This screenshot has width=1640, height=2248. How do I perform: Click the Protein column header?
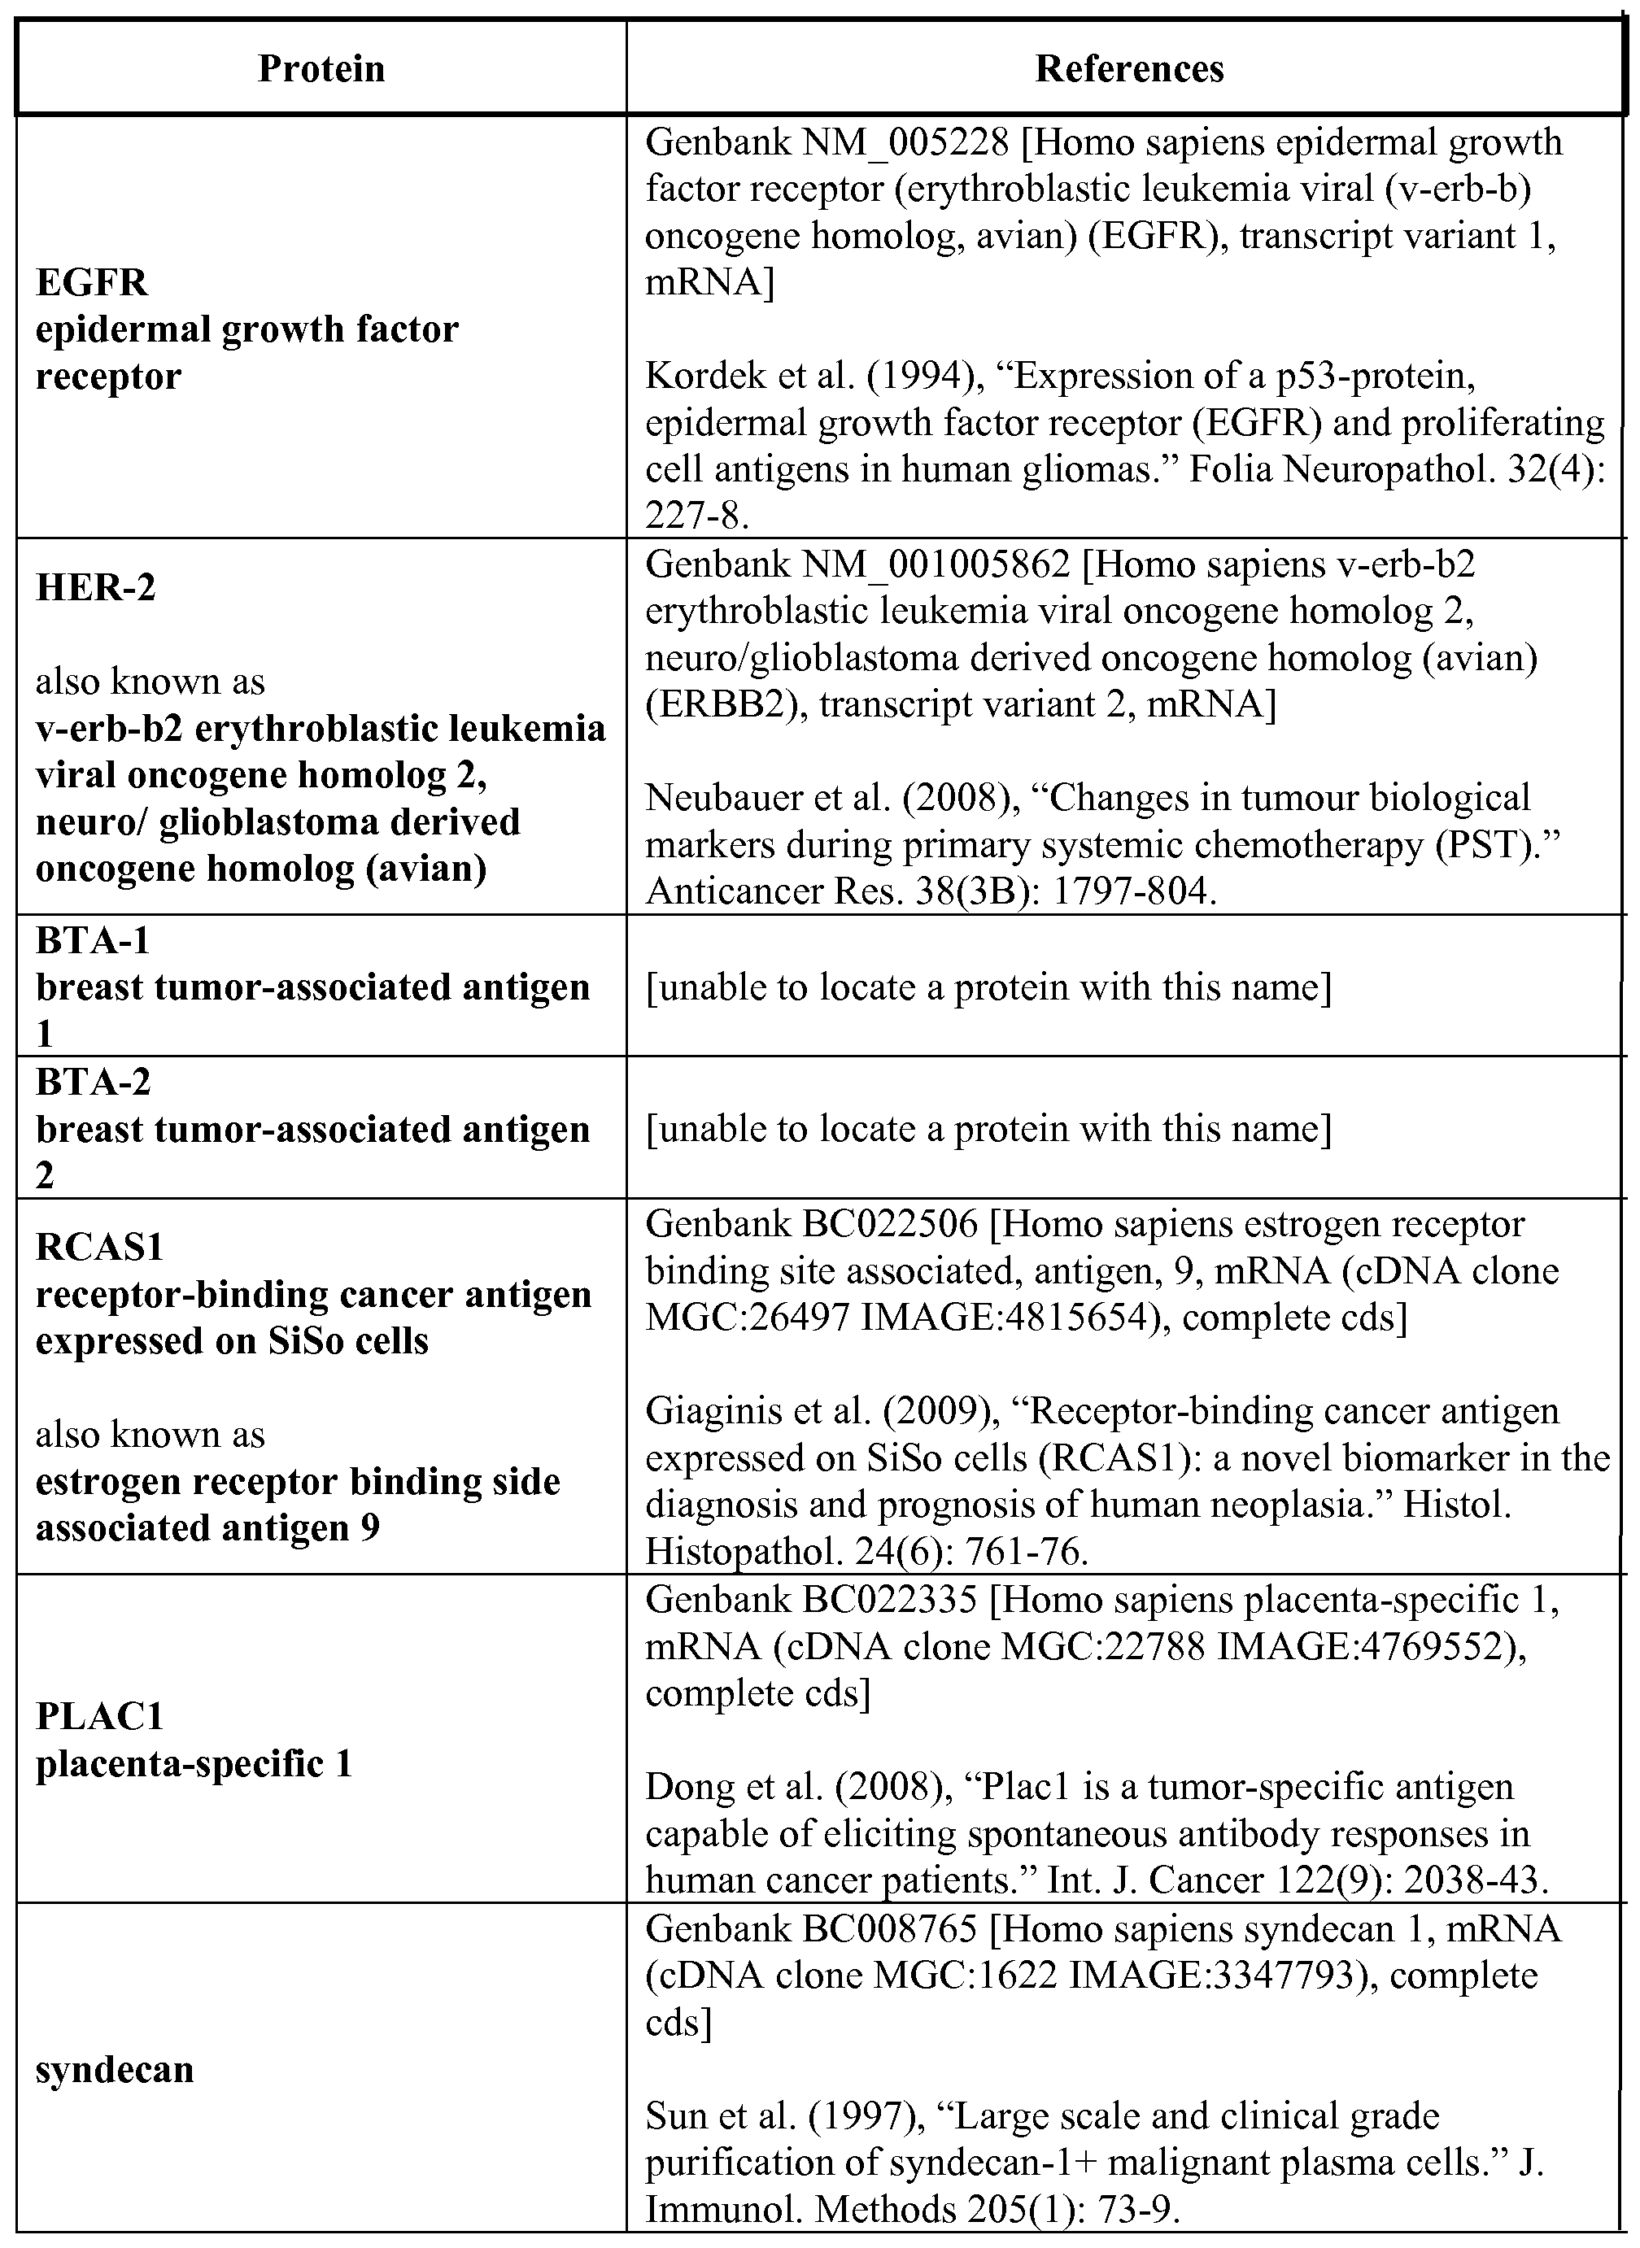click(321, 68)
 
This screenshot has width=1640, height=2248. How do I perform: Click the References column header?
click(1129, 68)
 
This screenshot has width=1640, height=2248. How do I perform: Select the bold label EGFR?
click(91, 283)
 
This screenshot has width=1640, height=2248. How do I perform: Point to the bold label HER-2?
click(95, 587)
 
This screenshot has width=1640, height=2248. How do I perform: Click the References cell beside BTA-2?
click(988, 1128)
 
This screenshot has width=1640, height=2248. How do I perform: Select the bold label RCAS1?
click(99, 1247)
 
